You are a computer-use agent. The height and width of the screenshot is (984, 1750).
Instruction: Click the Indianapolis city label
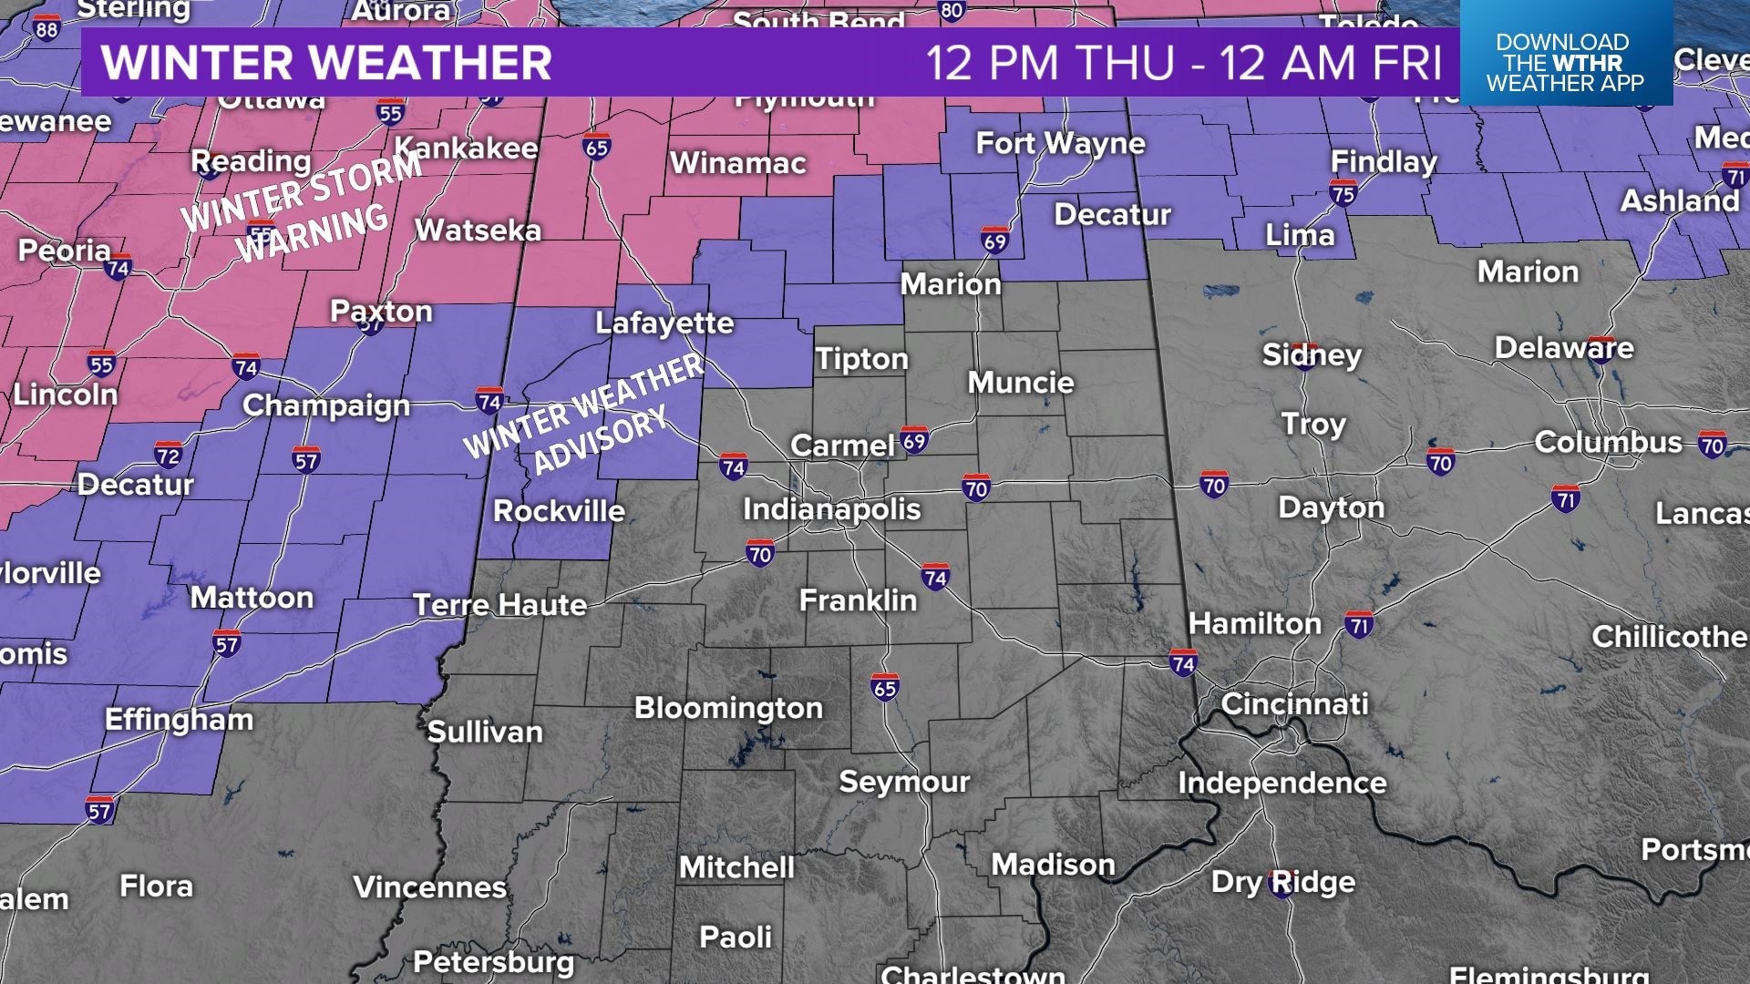point(831,508)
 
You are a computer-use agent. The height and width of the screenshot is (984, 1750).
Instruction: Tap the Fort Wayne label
point(1060,143)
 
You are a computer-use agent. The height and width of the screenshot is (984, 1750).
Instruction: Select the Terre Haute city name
point(499,604)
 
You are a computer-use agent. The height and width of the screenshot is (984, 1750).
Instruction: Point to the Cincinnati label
point(1294,703)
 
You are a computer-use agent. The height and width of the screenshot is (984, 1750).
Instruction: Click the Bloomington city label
point(728,708)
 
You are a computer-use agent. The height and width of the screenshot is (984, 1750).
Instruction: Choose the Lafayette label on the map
point(664,323)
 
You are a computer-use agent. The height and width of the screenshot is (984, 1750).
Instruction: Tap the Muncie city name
point(1021,382)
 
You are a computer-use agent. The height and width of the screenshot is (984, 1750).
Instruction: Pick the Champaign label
point(326,405)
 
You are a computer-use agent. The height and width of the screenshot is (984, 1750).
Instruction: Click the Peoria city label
point(64,250)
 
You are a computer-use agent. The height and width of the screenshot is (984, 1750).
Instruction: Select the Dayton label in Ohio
point(1331,507)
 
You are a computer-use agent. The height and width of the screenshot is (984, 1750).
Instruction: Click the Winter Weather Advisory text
point(583,415)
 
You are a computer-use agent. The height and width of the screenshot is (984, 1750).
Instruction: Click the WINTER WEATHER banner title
point(326,62)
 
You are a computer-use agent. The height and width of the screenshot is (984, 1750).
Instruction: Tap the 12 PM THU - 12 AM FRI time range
point(1184,62)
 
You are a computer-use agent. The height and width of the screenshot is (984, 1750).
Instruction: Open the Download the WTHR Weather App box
point(1565,62)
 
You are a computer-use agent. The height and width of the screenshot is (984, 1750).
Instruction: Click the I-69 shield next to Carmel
point(914,441)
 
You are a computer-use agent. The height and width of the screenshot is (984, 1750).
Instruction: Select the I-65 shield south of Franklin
point(884,688)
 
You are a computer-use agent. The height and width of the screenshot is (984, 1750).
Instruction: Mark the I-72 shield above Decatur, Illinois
point(168,455)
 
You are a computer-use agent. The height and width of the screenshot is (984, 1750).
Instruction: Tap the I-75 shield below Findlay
point(1343,192)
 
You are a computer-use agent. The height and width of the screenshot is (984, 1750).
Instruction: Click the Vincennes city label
point(429,887)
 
